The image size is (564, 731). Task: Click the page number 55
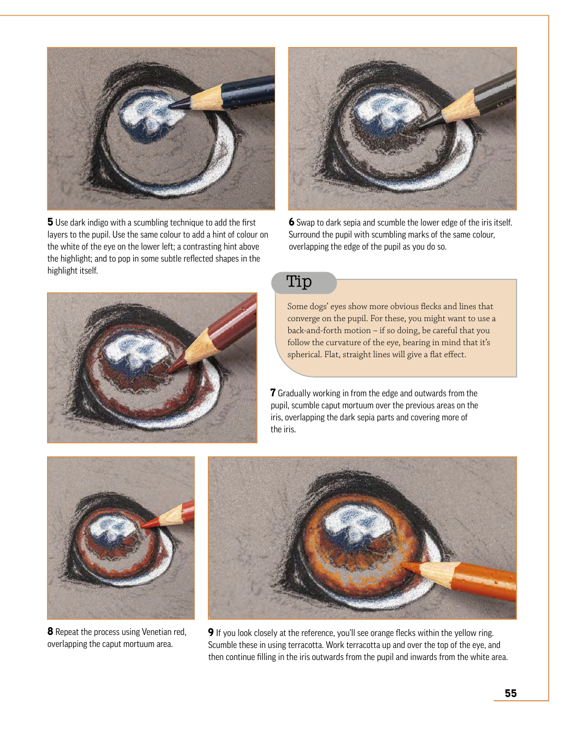(510, 693)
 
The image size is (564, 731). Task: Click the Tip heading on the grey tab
(299, 281)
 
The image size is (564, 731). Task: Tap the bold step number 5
(50, 222)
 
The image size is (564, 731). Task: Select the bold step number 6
(291, 222)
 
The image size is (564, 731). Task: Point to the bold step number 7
(273, 393)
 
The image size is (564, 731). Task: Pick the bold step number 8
(50, 631)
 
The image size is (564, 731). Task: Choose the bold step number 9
(211, 632)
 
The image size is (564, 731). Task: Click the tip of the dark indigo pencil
(169, 107)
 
